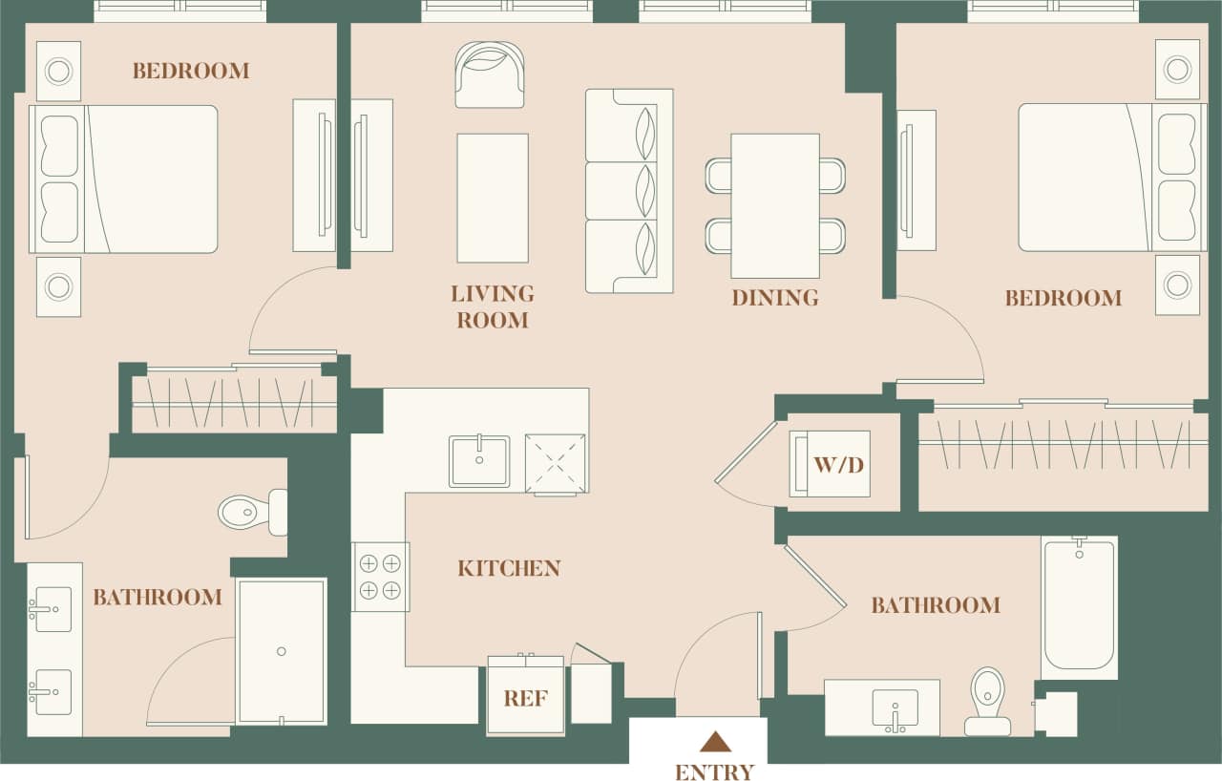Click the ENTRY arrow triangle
point(715,742)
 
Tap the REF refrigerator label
point(526,699)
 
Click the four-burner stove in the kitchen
point(380,577)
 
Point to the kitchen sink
point(479,461)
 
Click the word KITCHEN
point(509,568)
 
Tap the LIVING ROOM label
point(493,306)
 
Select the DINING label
point(775,298)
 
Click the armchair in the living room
point(490,74)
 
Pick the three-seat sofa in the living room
point(629,191)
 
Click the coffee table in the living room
point(493,198)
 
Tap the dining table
point(775,205)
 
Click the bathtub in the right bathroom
point(1079,607)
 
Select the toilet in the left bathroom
point(253,513)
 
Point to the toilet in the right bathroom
point(988,701)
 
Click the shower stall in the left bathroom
point(281,651)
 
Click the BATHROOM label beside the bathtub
point(936,605)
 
